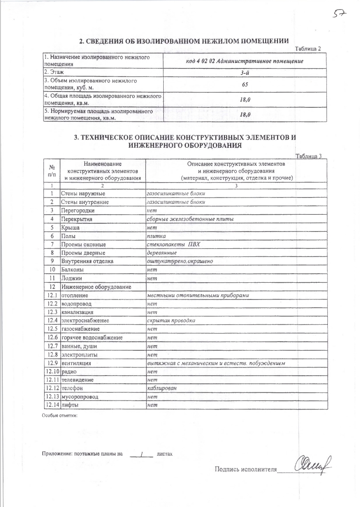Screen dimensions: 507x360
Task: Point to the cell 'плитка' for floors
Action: coord(156,236)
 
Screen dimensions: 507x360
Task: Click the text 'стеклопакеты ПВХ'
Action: coord(173,245)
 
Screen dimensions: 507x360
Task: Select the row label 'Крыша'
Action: coord(70,227)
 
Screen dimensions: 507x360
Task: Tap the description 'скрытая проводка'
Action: coord(171,320)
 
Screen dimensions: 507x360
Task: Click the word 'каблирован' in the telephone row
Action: coord(162,388)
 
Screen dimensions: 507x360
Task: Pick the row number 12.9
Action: coord(52,363)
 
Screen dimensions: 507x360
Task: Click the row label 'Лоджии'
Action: coord(72,278)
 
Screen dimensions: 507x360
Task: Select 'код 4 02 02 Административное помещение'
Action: coord(245,61)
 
